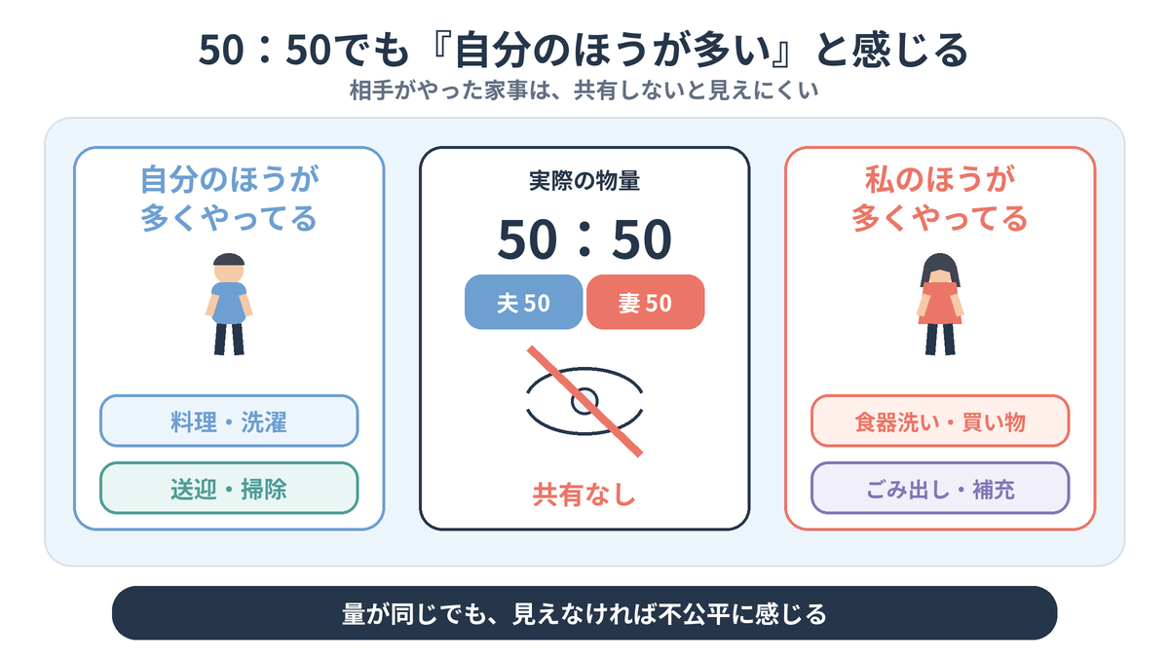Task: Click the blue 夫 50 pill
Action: click(x=523, y=302)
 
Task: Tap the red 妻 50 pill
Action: click(x=646, y=302)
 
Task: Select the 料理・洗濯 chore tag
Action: click(x=229, y=420)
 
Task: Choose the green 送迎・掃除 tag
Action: click(x=229, y=488)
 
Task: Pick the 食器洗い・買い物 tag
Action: click(x=940, y=420)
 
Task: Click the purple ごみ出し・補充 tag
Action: click(x=940, y=488)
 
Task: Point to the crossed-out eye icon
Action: click(x=584, y=401)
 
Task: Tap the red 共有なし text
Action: click(x=584, y=494)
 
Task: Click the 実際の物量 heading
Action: click(x=584, y=181)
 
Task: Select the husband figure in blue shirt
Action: click(x=229, y=305)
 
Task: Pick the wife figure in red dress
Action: click(x=940, y=305)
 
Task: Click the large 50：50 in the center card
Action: click(x=584, y=239)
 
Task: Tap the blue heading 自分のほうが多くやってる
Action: click(x=229, y=199)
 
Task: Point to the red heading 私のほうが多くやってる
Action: click(x=940, y=199)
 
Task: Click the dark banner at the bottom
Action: click(x=584, y=613)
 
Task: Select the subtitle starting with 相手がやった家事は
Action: click(x=584, y=91)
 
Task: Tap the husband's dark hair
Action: click(x=229, y=260)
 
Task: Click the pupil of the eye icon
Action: click(x=584, y=401)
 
